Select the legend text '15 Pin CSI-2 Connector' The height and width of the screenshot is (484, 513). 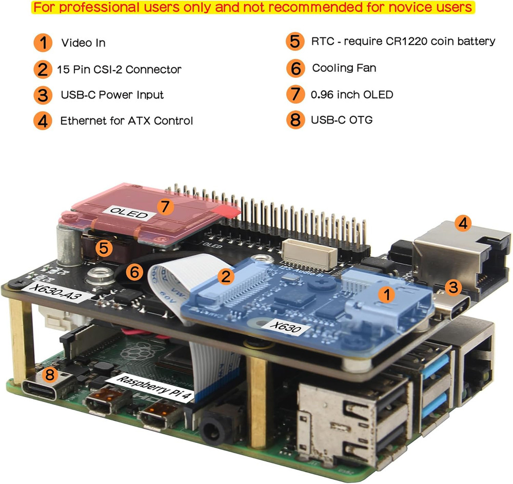point(119,69)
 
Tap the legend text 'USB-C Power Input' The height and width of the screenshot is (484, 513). point(112,95)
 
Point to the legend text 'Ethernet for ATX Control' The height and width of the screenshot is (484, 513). point(126,121)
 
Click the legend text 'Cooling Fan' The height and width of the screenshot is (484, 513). point(344,68)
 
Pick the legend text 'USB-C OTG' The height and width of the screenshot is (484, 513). point(342,120)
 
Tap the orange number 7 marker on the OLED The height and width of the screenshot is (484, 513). point(164,207)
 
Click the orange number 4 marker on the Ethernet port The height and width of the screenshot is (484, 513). point(463,224)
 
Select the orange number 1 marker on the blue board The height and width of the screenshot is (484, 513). point(385,294)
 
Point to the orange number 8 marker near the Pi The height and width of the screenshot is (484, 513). point(49,375)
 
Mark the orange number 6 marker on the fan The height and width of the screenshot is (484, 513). point(134,272)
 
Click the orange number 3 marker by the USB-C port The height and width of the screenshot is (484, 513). point(452,287)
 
